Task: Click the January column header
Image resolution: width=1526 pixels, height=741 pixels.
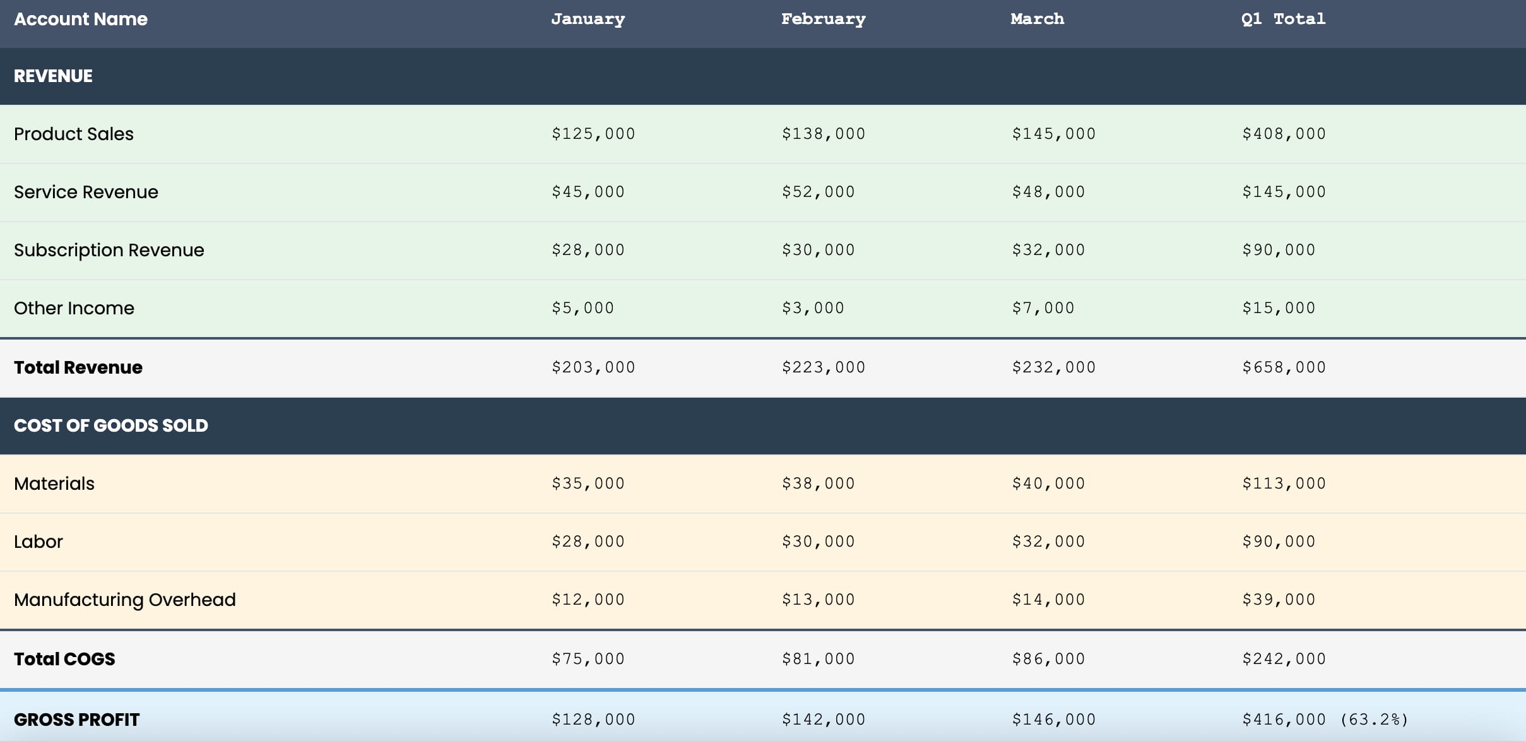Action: pyautogui.click(x=588, y=20)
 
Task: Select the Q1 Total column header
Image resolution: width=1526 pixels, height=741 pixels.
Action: pyautogui.click(x=1283, y=20)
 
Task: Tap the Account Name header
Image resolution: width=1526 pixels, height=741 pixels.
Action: pyautogui.click(x=81, y=19)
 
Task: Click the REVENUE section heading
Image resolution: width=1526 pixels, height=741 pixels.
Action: pyautogui.click(x=53, y=76)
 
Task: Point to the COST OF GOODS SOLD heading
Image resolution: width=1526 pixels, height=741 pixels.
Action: pyautogui.click(x=111, y=425)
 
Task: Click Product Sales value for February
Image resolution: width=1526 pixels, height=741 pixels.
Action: pyautogui.click(x=824, y=134)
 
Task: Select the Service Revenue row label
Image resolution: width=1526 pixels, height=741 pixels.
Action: pyautogui.click(x=86, y=192)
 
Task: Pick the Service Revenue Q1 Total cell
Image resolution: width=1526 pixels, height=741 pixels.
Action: pyautogui.click(x=1284, y=192)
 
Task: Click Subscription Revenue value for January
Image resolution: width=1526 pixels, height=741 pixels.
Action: pyautogui.click(x=588, y=250)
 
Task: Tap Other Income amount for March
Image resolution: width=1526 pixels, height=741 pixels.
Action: pyautogui.click(x=1043, y=308)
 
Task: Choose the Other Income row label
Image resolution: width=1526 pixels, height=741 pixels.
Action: pyautogui.click(x=74, y=308)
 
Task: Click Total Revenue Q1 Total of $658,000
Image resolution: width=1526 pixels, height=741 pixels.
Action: pyautogui.click(x=1284, y=367)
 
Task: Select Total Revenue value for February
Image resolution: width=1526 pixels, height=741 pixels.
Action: pyautogui.click(x=824, y=367)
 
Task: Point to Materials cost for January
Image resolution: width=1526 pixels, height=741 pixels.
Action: pyautogui.click(x=588, y=483)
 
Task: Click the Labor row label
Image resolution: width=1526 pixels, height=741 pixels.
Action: pyautogui.click(x=38, y=542)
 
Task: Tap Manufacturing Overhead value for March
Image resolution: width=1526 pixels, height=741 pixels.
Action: pyautogui.click(x=1048, y=600)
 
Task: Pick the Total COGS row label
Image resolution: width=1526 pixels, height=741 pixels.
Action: pyautogui.click(x=64, y=659)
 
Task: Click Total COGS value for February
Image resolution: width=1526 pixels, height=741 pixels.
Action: pyautogui.click(x=819, y=659)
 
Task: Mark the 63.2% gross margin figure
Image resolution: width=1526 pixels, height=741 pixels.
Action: pyautogui.click(x=1374, y=720)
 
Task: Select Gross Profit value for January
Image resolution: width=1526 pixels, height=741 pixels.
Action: pyautogui.click(x=593, y=720)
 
